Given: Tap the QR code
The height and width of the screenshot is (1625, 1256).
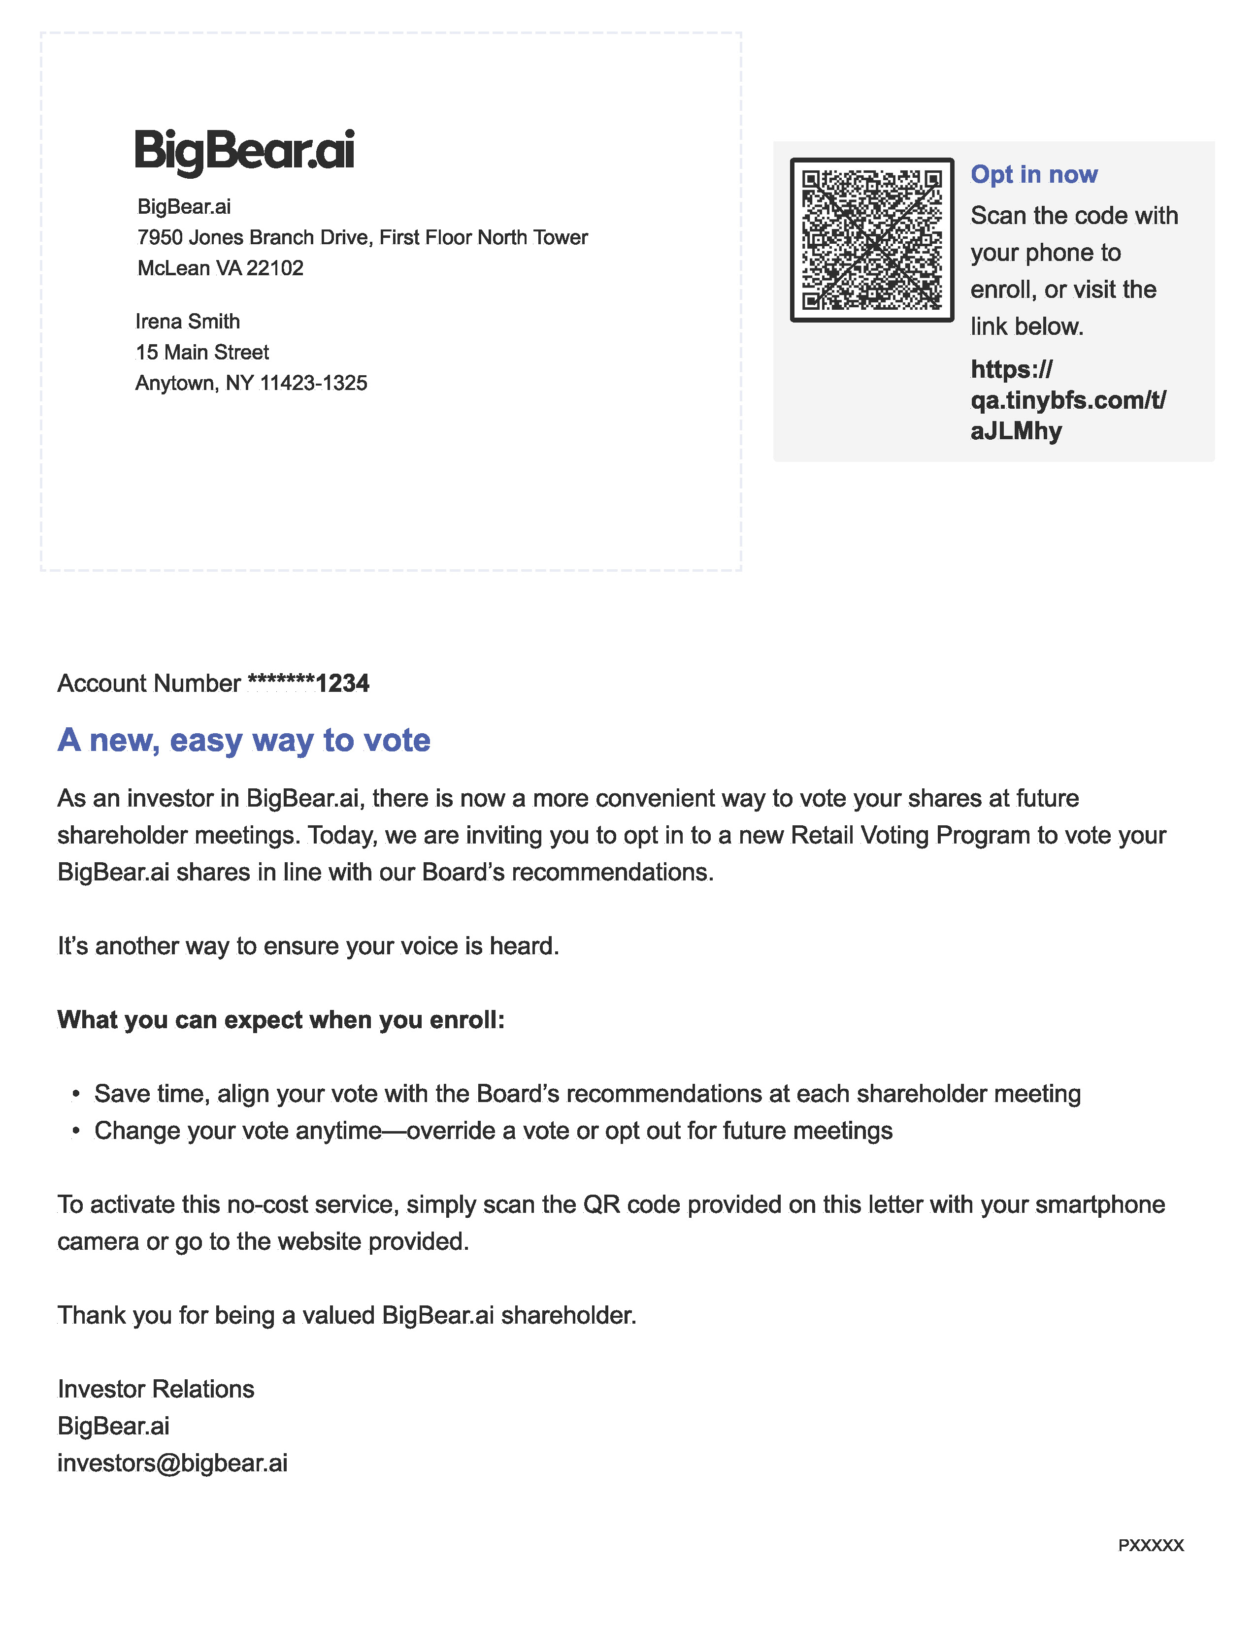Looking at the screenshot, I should (871, 240).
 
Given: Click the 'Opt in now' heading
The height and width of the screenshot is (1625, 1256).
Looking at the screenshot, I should (1033, 174).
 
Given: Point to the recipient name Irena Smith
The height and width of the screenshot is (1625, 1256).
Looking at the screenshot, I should (188, 322).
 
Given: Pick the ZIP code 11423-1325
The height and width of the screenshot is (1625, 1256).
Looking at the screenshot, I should (313, 383).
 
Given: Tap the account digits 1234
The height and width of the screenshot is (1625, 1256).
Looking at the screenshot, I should (342, 683).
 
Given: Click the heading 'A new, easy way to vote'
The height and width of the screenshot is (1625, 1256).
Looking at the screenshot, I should (244, 740).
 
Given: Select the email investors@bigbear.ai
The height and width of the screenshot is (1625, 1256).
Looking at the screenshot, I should (172, 1463).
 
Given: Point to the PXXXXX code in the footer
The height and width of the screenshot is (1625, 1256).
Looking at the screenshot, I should (1150, 1545).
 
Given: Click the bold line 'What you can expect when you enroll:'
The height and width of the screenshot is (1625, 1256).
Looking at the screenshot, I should (281, 1019).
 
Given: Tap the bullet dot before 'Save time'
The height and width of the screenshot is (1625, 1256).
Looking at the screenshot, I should (76, 1094).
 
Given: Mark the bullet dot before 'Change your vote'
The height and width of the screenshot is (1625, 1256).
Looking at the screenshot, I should (76, 1131).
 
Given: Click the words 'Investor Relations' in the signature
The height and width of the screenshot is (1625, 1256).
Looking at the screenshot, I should (156, 1389).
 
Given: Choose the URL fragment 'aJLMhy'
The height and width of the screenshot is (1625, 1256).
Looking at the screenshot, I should (1016, 431).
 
